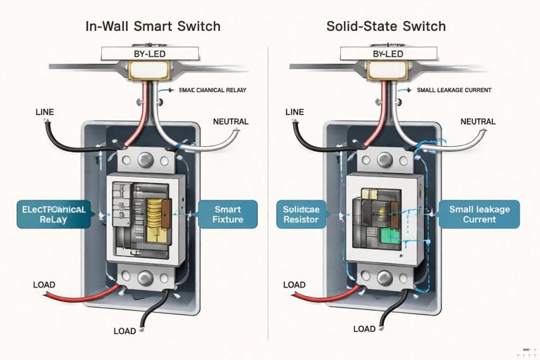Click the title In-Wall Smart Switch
click(x=153, y=27)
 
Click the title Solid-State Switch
click(x=386, y=27)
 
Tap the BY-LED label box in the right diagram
click(x=389, y=53)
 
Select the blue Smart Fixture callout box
click(x=227, y=214)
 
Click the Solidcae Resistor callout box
click(x=301, y=214)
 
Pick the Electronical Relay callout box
click(x=53, y=214)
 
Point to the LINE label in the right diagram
click(x=295, y=112)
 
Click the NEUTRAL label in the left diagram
click(x=231, y=122)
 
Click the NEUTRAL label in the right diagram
click(x=478, y=122)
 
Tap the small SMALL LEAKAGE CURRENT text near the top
click(x=454, y=90)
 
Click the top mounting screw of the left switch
click(x=146, y=160)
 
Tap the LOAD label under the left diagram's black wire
click(x=124, y=331)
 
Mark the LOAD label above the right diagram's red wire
click(x=294, y=285)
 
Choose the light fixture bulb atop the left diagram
click(x=148, y=69)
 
